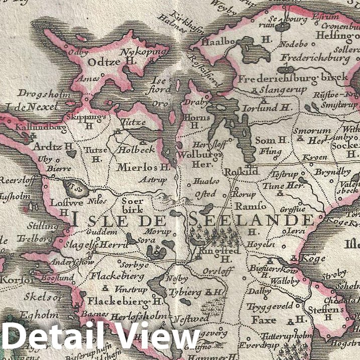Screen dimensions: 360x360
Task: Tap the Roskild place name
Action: pyautogui.click(x=242, y=171)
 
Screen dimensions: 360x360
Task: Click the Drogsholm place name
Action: pyautogui.click(x=39, y=93)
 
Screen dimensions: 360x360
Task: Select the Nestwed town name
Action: pyautogui.click(x=191, y=319)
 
